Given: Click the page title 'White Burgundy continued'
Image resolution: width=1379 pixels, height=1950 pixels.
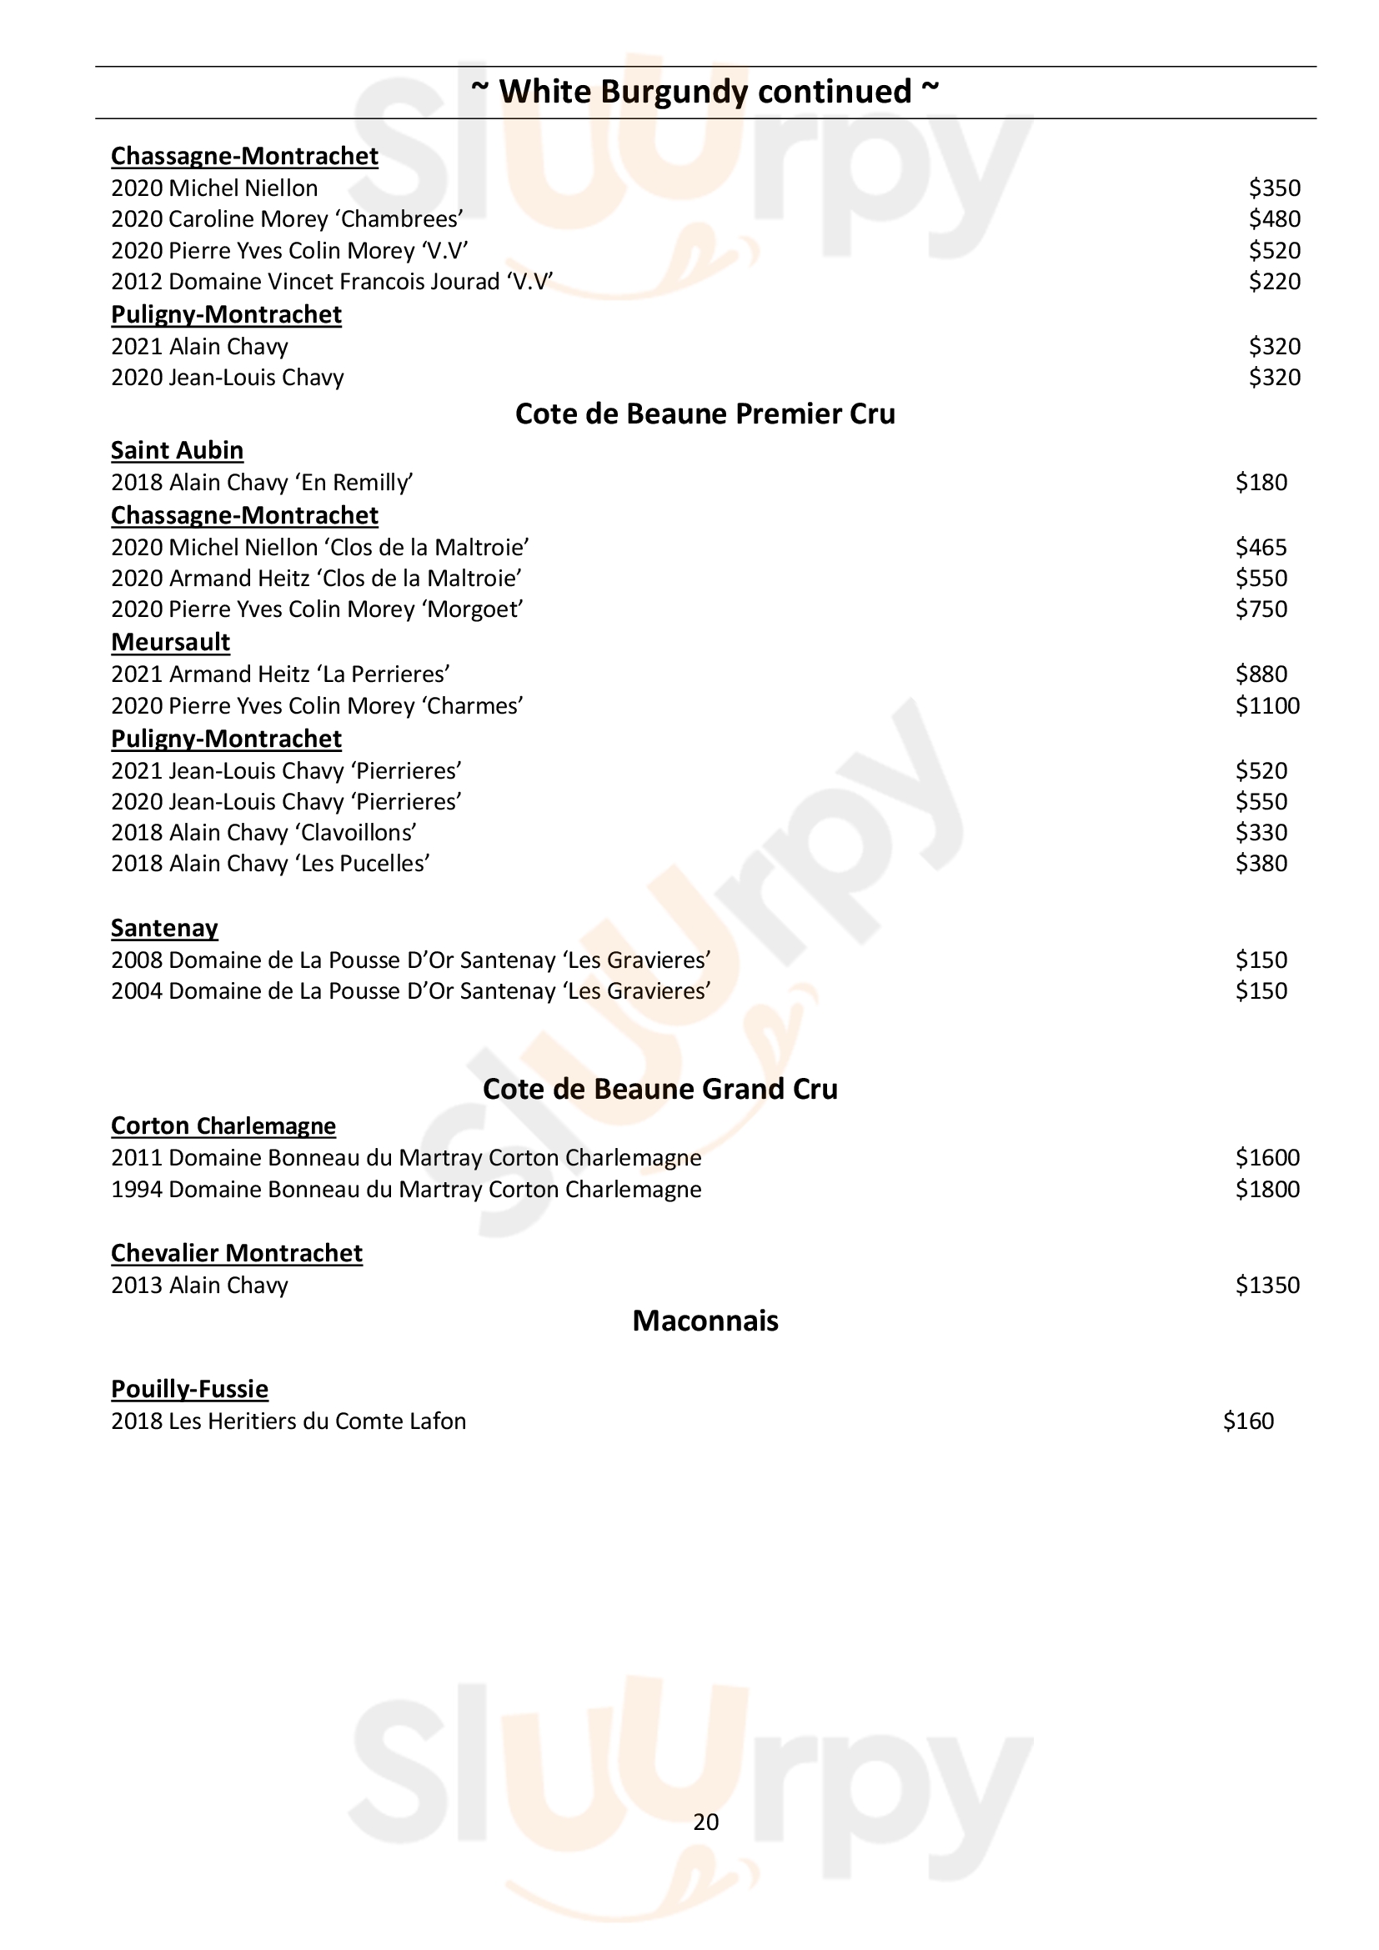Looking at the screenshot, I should point(705,92).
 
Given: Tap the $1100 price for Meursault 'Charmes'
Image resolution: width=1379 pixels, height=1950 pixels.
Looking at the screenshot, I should point(1267,706).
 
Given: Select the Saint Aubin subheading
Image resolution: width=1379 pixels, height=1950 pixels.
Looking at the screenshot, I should point(177,450).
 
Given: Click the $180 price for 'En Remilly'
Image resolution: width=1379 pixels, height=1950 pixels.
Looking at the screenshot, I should point(1261,483).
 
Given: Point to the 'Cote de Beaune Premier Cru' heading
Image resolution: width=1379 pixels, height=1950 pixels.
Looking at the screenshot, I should point(705,414).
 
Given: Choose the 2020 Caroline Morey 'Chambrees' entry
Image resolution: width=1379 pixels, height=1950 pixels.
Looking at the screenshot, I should point(287,219).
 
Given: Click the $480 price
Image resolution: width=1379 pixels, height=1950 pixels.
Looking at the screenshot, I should point(1274,219).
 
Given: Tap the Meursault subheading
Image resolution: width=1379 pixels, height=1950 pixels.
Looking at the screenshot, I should point(170,642).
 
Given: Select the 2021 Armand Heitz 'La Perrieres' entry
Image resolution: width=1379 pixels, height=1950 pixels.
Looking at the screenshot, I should point(280,674).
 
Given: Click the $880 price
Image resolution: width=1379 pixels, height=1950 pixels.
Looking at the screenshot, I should point(1261,674).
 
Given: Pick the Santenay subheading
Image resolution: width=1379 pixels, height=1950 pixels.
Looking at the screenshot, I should point(164,928).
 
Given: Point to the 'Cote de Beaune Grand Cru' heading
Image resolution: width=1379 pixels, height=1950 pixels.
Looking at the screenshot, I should point(659,1089).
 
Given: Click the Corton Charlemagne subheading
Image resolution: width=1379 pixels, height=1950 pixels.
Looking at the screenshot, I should point(223,1126).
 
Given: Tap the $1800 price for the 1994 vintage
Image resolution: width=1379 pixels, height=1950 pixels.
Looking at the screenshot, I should point(1267,1189).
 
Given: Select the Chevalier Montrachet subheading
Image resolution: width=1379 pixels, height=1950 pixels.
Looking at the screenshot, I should point(236,1254).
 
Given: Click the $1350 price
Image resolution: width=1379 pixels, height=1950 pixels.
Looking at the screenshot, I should point(1267,1285).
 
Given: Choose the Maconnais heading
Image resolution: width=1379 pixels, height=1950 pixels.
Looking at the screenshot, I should point(705,1321).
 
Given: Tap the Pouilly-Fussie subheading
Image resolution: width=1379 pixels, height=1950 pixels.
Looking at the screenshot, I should point(189,1390).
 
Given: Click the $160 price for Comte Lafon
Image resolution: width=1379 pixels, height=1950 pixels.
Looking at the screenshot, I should point(1248,1421).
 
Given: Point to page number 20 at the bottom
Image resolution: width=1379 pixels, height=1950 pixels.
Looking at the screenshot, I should point(705,1822).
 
